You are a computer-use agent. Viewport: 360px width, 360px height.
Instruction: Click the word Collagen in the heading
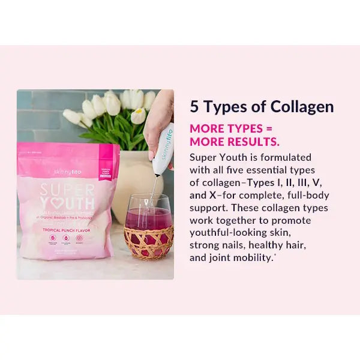[x=302, y=107]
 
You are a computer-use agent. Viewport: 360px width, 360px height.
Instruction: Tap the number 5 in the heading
[x=194, y=107]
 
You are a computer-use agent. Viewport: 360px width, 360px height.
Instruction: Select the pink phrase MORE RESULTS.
[x=235, y=142]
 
